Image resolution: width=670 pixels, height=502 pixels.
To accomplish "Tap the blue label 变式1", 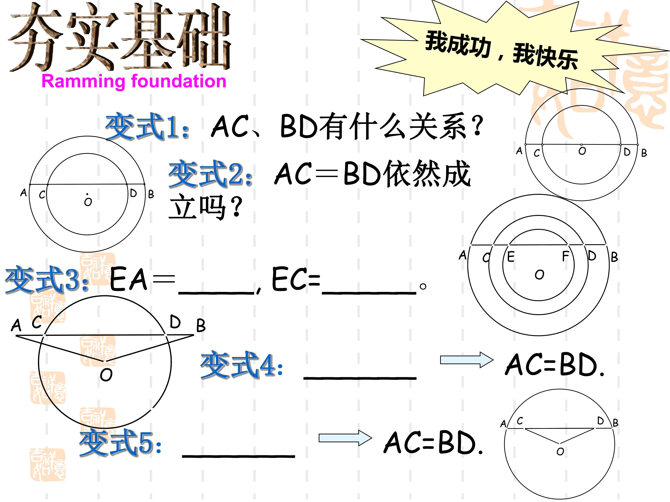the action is click(x=147, y=126).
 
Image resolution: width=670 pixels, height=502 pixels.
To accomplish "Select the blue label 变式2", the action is click(x=211, y=174).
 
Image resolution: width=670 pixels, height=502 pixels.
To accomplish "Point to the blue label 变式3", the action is click(x=47, y=280).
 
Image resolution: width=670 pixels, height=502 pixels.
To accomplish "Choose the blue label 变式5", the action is click(x=121, y=444).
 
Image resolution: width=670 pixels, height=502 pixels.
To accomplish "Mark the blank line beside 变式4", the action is click(x=360, y=378).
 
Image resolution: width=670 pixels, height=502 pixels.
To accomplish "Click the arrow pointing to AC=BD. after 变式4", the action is click(x=467, y=360).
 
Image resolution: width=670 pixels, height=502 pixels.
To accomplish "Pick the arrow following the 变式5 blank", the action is click(x=345, y=438).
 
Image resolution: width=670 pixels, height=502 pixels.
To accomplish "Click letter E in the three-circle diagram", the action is click(x=511, y=257).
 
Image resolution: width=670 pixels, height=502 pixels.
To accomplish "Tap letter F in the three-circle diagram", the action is click(x=565, y=256).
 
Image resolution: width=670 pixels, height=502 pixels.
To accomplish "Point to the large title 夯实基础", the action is click(x=120, y=37).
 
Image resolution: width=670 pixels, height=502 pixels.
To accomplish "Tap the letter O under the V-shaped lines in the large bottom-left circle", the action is click(x=106, y=375).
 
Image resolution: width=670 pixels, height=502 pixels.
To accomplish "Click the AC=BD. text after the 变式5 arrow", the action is click(x=433, y=443).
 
